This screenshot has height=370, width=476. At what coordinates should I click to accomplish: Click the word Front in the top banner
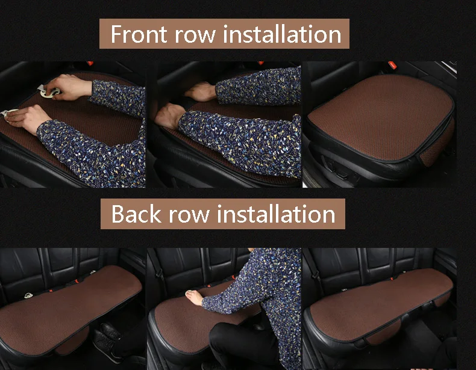pyautogui.click(x=139, y=34)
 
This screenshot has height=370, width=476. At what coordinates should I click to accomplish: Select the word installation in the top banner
pyautogui.click(x=283, y=34)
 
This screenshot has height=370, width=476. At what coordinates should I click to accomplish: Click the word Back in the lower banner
pyautogui.click(x=136, y=214)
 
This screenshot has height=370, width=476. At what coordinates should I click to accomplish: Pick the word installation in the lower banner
pyautogui.click(x=276, y=214)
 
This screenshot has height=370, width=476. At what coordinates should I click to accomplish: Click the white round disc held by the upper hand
pyautogui.click(x=50, y=93)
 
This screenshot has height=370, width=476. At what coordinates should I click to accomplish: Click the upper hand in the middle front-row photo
pyautogui.click(x=201, y=91)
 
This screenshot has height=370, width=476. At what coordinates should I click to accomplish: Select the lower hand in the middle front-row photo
pyautogui.click(x=169, y=116)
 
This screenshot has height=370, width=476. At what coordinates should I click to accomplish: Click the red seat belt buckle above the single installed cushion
pyautogui.click(x=392, y=65)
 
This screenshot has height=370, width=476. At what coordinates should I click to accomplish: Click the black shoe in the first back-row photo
pyautogui.click(x=106, y=342)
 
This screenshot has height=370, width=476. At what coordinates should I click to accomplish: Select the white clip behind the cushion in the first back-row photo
pyautogui.click(x=28, y=295)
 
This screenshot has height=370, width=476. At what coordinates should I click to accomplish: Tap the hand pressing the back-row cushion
pyautogui.click(x=193, y=297)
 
